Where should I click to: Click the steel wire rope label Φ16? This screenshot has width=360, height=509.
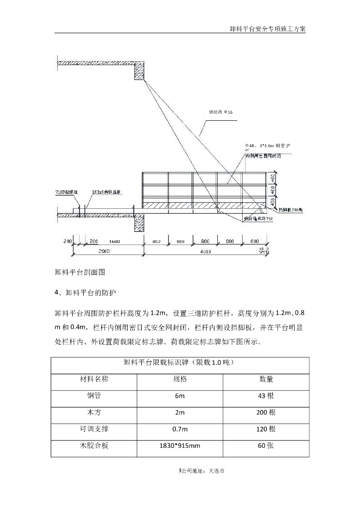220,112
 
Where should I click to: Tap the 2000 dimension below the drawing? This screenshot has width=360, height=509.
103,252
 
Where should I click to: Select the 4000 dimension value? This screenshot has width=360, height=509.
205,252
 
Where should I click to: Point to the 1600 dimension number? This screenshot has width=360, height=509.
114,242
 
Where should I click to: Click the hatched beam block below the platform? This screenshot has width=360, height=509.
139,223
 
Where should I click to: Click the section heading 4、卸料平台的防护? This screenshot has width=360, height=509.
88,293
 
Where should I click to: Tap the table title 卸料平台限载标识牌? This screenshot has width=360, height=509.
179,363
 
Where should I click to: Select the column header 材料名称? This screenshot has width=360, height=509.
94,379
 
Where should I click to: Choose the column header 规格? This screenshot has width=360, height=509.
180,379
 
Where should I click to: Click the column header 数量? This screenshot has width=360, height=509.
266,379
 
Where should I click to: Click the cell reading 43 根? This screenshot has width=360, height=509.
266,396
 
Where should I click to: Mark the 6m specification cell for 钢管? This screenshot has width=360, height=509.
180,396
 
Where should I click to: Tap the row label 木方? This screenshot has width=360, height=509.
94,413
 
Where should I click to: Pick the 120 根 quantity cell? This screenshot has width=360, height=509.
266,429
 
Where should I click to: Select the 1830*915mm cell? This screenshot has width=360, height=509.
180,446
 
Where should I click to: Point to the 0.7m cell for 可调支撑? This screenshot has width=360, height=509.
180,429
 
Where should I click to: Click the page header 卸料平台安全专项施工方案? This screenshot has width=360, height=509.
268,28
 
